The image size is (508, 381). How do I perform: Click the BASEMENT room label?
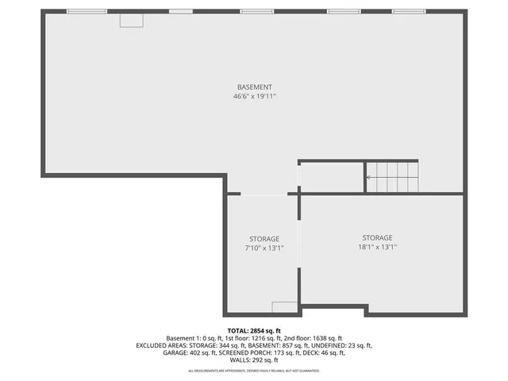pyautogui.click(x=254, y=87)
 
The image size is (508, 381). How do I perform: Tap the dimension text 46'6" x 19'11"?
pyautogui.click(x=254, y=96)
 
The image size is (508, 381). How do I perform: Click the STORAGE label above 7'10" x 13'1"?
pyautogui.click(x=264, y=239)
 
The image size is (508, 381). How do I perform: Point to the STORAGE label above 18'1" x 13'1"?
pyautogui.click(x=377, y=237)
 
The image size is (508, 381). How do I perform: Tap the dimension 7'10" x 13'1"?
pyautogui.click(x=264, y=248)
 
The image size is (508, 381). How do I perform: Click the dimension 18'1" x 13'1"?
pyautogui.click(x=377, y=247)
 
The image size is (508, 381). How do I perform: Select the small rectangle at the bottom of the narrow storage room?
pyautogui.click(x=283, y=307)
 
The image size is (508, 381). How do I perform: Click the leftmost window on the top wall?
pyautogui.click(x=87, y=11)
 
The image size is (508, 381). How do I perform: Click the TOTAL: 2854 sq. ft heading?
pyautogui.click(x=254, y=330)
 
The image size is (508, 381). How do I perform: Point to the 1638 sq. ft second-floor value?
pyautogui.click(x=326, y=338)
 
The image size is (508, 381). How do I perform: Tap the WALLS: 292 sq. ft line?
pyautogui.click(x=254, y=360)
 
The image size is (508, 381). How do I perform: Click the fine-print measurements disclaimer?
pyautogui.click(x=254, y=371)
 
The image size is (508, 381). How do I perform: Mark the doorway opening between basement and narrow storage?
pyautogui.click(x=264, y=193)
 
